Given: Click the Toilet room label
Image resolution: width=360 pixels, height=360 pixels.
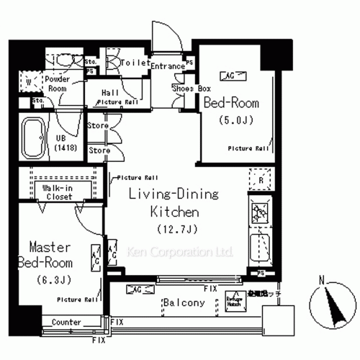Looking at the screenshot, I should pyautogui.click(x=134, y=63).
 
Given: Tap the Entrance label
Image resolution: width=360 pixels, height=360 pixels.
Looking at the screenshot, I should pyautogui.click(x=168, y=66).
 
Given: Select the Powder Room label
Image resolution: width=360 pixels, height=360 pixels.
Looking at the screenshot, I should pyautogui.click(x=57, y=83).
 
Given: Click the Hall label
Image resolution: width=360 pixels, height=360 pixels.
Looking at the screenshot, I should pyautogui.click(x=110, y=93).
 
